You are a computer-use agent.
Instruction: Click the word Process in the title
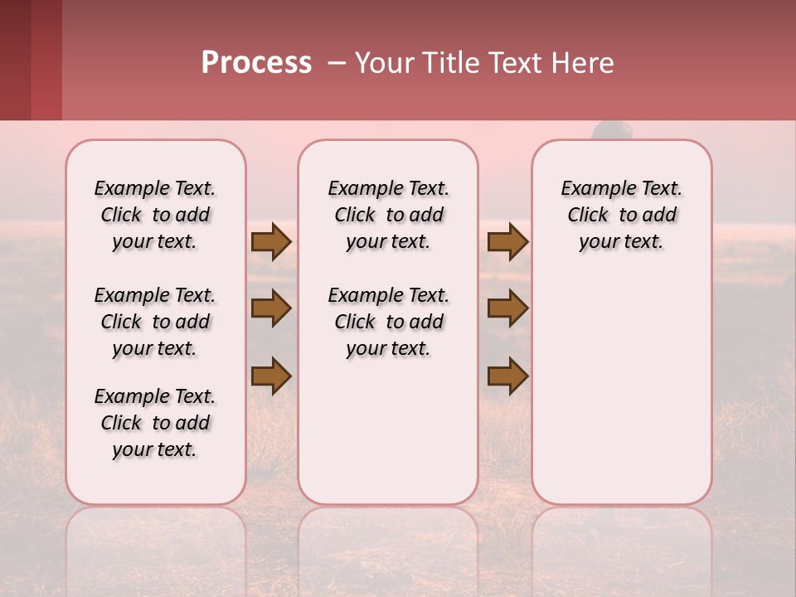point(256,63)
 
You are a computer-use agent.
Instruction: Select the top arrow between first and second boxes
point(271,242)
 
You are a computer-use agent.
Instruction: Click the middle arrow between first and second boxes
point(271,309)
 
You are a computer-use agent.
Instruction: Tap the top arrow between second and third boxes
point(507,242)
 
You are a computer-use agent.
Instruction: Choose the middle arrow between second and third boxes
point(507,309)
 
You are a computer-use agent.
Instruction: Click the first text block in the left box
point(155,215)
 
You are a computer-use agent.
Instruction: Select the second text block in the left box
point(155,322)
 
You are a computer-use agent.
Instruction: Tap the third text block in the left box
point(155,423)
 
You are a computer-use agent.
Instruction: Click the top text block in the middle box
point(388,215)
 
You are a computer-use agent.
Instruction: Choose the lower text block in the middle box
point(388,322)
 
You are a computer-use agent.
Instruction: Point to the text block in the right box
point(622,215)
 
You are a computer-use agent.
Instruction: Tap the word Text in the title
point(515,63)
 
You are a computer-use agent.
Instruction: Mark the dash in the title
point(336,63)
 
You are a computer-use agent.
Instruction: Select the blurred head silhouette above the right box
point(612,131)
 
